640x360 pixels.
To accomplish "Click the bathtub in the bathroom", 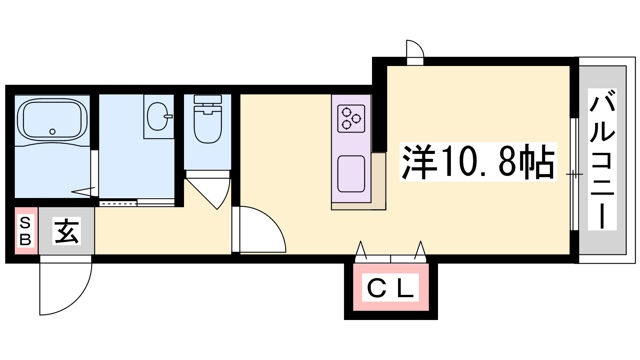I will click(x=52, y=119).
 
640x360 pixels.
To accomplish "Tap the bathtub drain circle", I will click(x=52, y=132).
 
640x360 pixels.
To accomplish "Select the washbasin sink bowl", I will click(x=157, y=116).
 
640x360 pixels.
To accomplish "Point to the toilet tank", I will click(x=208, y=99).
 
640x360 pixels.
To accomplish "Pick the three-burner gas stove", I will click(x=351, y=118).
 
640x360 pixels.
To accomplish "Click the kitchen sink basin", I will click(x=351, y=174).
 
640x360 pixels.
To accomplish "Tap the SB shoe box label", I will click(x=25, y=231).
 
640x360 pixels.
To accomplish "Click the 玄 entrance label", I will click(x=66, y=231).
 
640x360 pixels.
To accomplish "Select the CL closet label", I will click(x=390, y=288).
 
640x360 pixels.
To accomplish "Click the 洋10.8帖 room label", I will click(x=478, y=162).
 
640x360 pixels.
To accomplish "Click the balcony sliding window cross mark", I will click(x=574, y=174).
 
